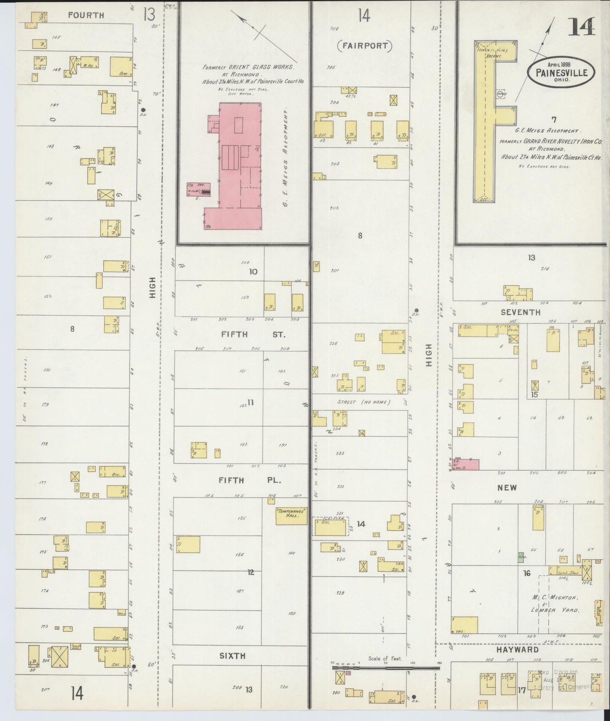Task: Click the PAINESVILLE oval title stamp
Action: click(561, 72)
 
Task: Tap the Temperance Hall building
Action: click(291, 515)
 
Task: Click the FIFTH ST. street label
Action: click(253, 334)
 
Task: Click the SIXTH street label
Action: click(233, 656)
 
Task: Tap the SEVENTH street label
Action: click(520, 312)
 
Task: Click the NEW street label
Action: click(507, 488)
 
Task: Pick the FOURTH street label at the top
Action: click(86, 15)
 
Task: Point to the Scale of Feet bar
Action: click(385, 667)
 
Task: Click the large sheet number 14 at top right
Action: click(581, 27)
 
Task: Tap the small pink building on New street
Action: click(466, 464)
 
